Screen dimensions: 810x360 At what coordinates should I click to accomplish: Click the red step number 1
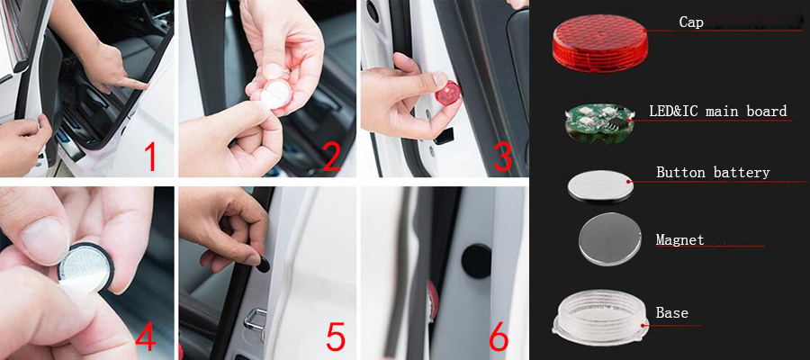pos(150,157)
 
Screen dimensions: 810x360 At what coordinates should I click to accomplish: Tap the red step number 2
pos(331,157)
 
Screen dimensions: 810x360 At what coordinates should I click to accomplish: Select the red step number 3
pos(502,157)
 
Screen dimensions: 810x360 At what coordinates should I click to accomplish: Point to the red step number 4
pos(145,338)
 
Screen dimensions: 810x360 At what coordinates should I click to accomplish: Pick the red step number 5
pos(336,338)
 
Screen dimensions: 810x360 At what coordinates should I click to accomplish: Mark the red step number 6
pos(499,338)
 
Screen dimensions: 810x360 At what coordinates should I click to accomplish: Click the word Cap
pos(690,22)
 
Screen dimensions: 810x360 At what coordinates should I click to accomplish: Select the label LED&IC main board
pos(718,111)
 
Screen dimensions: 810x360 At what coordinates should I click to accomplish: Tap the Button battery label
pos(713,173)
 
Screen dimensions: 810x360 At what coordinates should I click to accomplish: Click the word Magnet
pos(679,240)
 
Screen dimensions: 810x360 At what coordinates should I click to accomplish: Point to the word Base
pos(672,313)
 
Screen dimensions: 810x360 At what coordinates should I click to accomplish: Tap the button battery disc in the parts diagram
pos(599,186)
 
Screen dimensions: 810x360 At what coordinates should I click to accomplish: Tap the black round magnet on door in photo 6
pos(476,261)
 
